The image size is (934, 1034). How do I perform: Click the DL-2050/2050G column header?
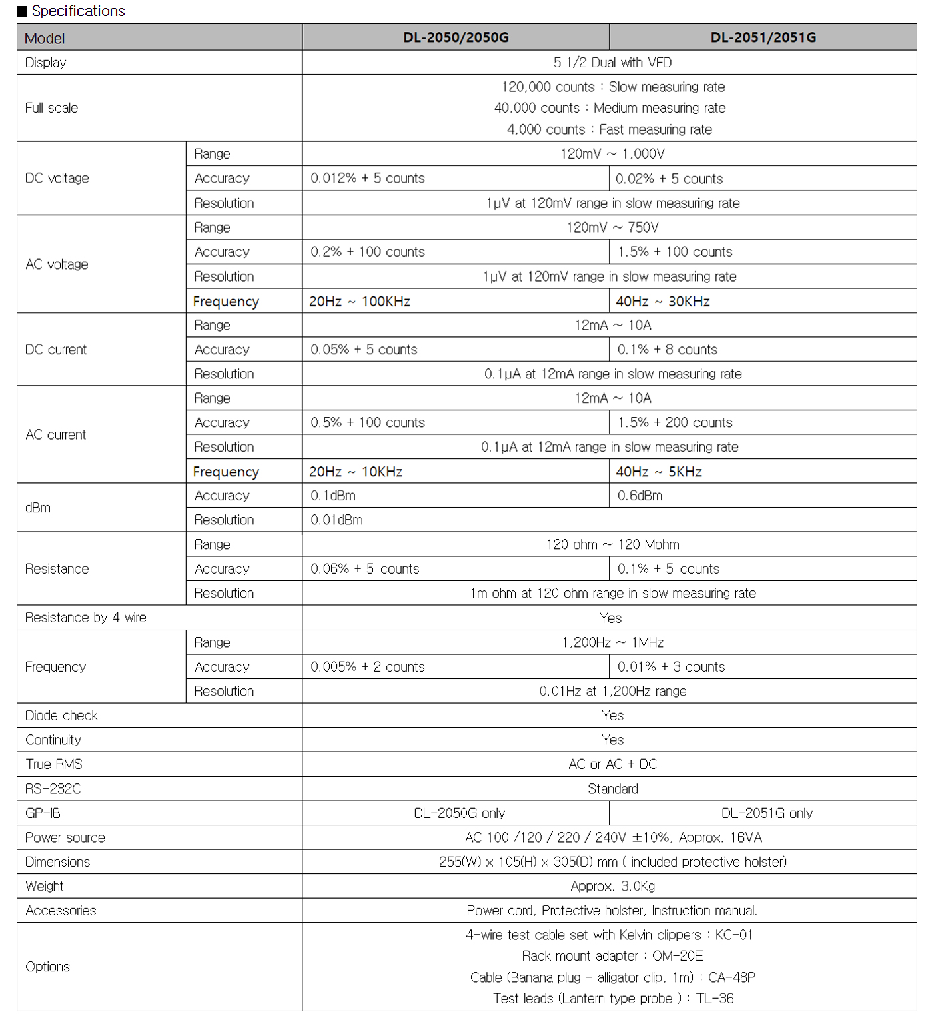[x=456, y=37]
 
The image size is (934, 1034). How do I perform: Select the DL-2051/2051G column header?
[x=763, y=37]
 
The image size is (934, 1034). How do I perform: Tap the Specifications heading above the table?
[x=78, y=11]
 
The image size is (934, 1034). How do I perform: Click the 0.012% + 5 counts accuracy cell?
[x=368, y=179]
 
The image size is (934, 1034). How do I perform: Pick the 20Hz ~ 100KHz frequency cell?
[x=360, y=301]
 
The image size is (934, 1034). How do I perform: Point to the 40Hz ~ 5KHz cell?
[x=658, y=472]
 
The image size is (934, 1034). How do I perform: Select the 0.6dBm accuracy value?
[x=640, y=496]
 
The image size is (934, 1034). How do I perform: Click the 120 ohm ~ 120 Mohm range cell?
[x=612, y=544]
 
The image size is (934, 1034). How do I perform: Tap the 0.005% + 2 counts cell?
[x=368, y=667]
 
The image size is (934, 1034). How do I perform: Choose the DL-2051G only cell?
[x=767, y=813]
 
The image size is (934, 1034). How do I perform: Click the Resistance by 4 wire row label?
[x=86, y=618]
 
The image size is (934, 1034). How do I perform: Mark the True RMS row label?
[x=54, y=764]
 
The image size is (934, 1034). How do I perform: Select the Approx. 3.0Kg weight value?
[x=612, y=886]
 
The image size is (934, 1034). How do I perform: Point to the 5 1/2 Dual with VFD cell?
[x=612, y=63]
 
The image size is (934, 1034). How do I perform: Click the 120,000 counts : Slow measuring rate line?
[x=612, y=87]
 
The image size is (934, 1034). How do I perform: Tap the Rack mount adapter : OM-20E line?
[x=612, y=956]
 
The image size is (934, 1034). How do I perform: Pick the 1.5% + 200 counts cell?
[x=674, y=422]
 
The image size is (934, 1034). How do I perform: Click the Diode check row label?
[x=61, y=716]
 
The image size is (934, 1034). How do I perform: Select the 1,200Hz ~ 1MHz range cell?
[x=612, y=642]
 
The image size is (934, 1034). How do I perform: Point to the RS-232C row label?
[x=53, y=789]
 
